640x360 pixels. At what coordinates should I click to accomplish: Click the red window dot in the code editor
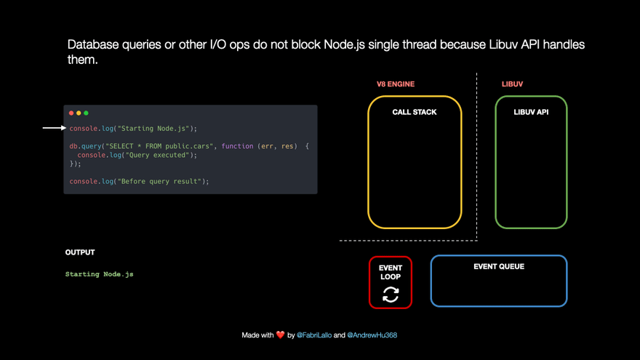point(71,113)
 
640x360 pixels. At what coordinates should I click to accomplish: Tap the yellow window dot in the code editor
point(79,113)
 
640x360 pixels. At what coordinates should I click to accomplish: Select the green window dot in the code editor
point(86,113)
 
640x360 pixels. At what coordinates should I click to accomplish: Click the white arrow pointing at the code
point(54,128)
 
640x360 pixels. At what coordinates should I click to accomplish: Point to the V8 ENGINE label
point(395,84)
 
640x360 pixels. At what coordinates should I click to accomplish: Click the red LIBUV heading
point(512,84)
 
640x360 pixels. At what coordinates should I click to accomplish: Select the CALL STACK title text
point(415,113)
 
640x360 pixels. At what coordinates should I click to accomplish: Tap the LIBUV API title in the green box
point(531,113)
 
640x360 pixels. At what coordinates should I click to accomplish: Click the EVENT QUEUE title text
point(499,267)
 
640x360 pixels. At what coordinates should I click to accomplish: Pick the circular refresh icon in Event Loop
point(391,295)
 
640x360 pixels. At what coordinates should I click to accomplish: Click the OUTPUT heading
point(80,252)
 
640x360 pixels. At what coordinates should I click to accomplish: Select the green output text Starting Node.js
point(100,274)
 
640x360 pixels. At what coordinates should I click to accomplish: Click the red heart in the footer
point(281,335)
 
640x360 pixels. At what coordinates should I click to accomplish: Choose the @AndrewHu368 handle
point(372,335)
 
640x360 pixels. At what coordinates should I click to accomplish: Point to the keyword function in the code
point(237,146)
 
